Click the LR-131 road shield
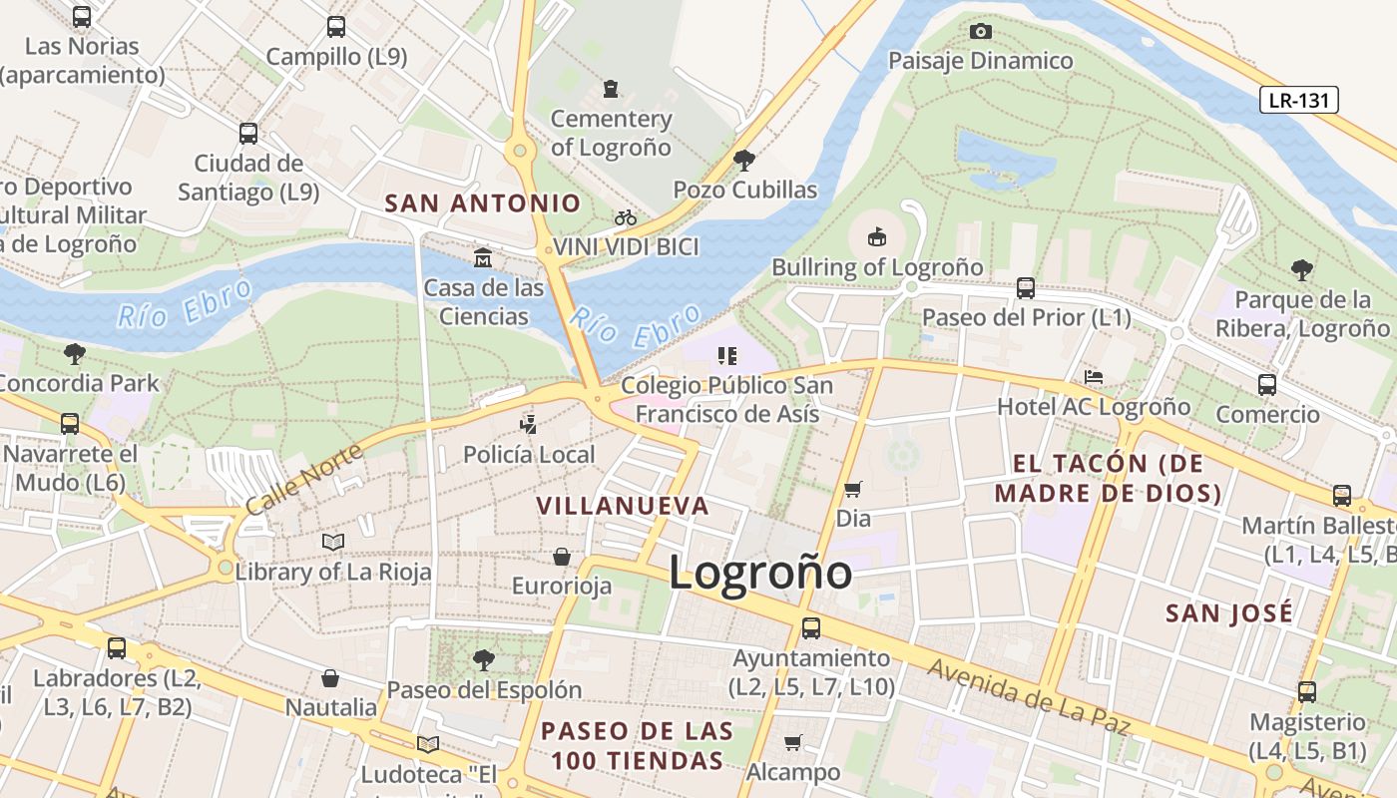click(x=1298, y=100)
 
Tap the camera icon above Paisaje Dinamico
click(x=981, y=31)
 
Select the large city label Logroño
click(x=760, y=573)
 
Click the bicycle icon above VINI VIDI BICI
click(x=626, y=217)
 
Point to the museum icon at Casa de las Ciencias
click(x=484, y=258)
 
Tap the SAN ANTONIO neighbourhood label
click(x=483, y=203)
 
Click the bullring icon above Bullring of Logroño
click(x=877, y=237)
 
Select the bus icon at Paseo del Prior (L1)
click(x=1026, y=289)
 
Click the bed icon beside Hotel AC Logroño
click(x=1094, y=377)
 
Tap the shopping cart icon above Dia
click(x=853, y=489)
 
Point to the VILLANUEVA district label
click(x=623, y=506)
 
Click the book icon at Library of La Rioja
click(x=333, y=542)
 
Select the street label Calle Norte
click(x=303, y=480)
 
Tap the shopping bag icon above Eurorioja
click(x=562, y=557)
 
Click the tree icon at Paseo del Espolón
click(x=484, y=659)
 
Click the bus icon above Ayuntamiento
click(x=811, y=628)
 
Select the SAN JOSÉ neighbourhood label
click(x=1229, y=612)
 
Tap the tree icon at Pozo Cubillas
click(x=743, y=160)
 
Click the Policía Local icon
click(x=529, y=425)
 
